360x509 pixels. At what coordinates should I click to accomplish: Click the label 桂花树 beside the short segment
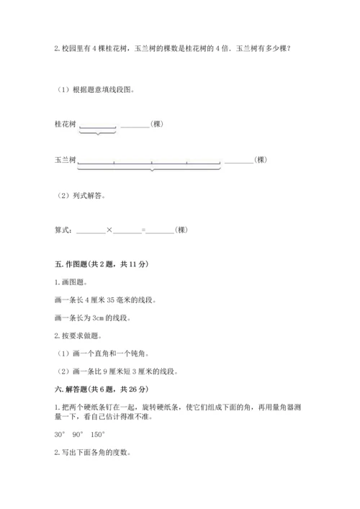[65, 124]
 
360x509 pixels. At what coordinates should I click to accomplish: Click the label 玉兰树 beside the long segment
[65, 160]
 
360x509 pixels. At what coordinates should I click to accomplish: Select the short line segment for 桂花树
[97, 127]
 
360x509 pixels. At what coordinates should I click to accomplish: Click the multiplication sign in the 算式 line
[109, 230]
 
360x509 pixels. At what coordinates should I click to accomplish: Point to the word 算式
[63, 230]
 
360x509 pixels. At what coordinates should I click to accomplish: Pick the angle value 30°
[60, 434]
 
